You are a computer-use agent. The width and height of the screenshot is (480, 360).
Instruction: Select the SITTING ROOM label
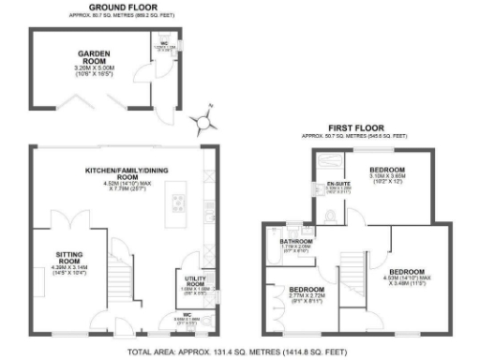(x=71, y=254)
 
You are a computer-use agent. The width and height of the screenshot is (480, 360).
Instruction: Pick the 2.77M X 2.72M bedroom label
(x=306, y=290)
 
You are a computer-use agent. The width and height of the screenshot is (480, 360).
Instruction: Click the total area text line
(x=240, y=353)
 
